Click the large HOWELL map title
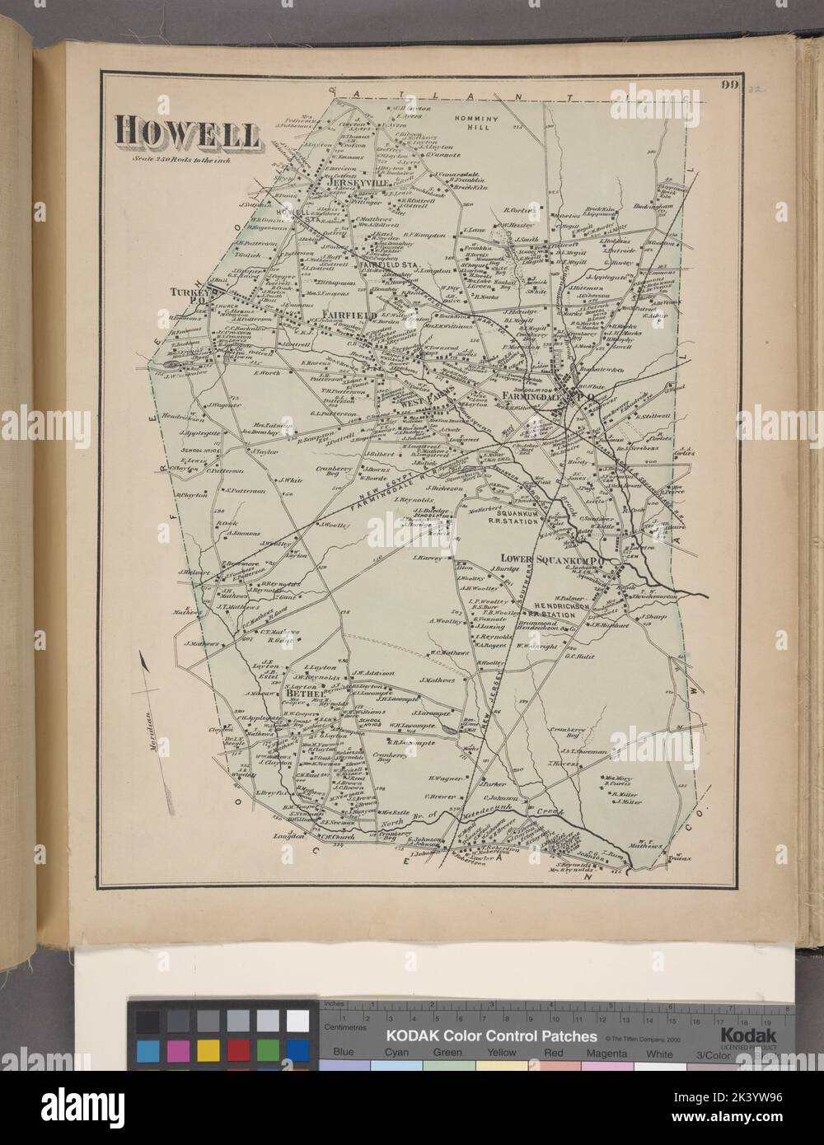[x=187, y=132]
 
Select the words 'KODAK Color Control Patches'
[x=492, y=1035]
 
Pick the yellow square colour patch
[x=208, y=1050]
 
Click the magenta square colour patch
[x=178, y=1050]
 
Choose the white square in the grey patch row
[x=297, y=1021]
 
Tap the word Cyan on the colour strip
[x=395, y=1052]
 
